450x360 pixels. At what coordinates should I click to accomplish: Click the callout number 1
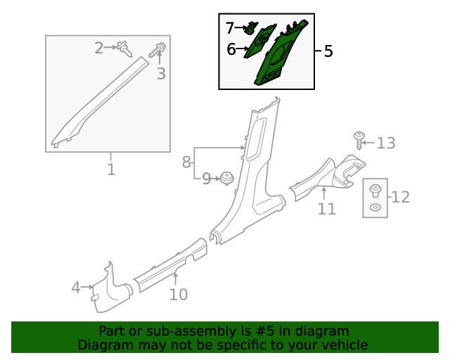(x=111, y=169)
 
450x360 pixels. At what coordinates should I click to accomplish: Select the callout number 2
(x=99, y=48)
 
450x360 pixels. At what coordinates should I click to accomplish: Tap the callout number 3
(x=161, y=74)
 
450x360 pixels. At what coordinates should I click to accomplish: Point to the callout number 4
(x=76, y=287)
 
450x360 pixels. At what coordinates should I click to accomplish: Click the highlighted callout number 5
(x=328, y=51)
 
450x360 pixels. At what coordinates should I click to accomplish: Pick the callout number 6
(x=231, y=49)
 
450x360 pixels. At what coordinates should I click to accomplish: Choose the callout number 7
(x=230, y=29)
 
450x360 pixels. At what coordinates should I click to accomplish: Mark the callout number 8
(x=186, y=162)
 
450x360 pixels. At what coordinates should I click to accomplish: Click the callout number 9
(x=206, y=179)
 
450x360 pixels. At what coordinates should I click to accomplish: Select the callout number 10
(x=179, y=294)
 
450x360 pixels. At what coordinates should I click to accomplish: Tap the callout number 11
(x=326, y=208)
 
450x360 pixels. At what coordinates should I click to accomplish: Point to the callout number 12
(x=400, y=197)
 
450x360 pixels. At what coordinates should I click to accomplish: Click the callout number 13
(x=386, y=143)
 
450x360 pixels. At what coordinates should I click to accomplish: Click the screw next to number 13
(x=359, y=139)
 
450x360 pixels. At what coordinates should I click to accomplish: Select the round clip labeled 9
(x=226, y=178)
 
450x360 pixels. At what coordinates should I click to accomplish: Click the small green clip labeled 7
(x=250, y=29)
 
